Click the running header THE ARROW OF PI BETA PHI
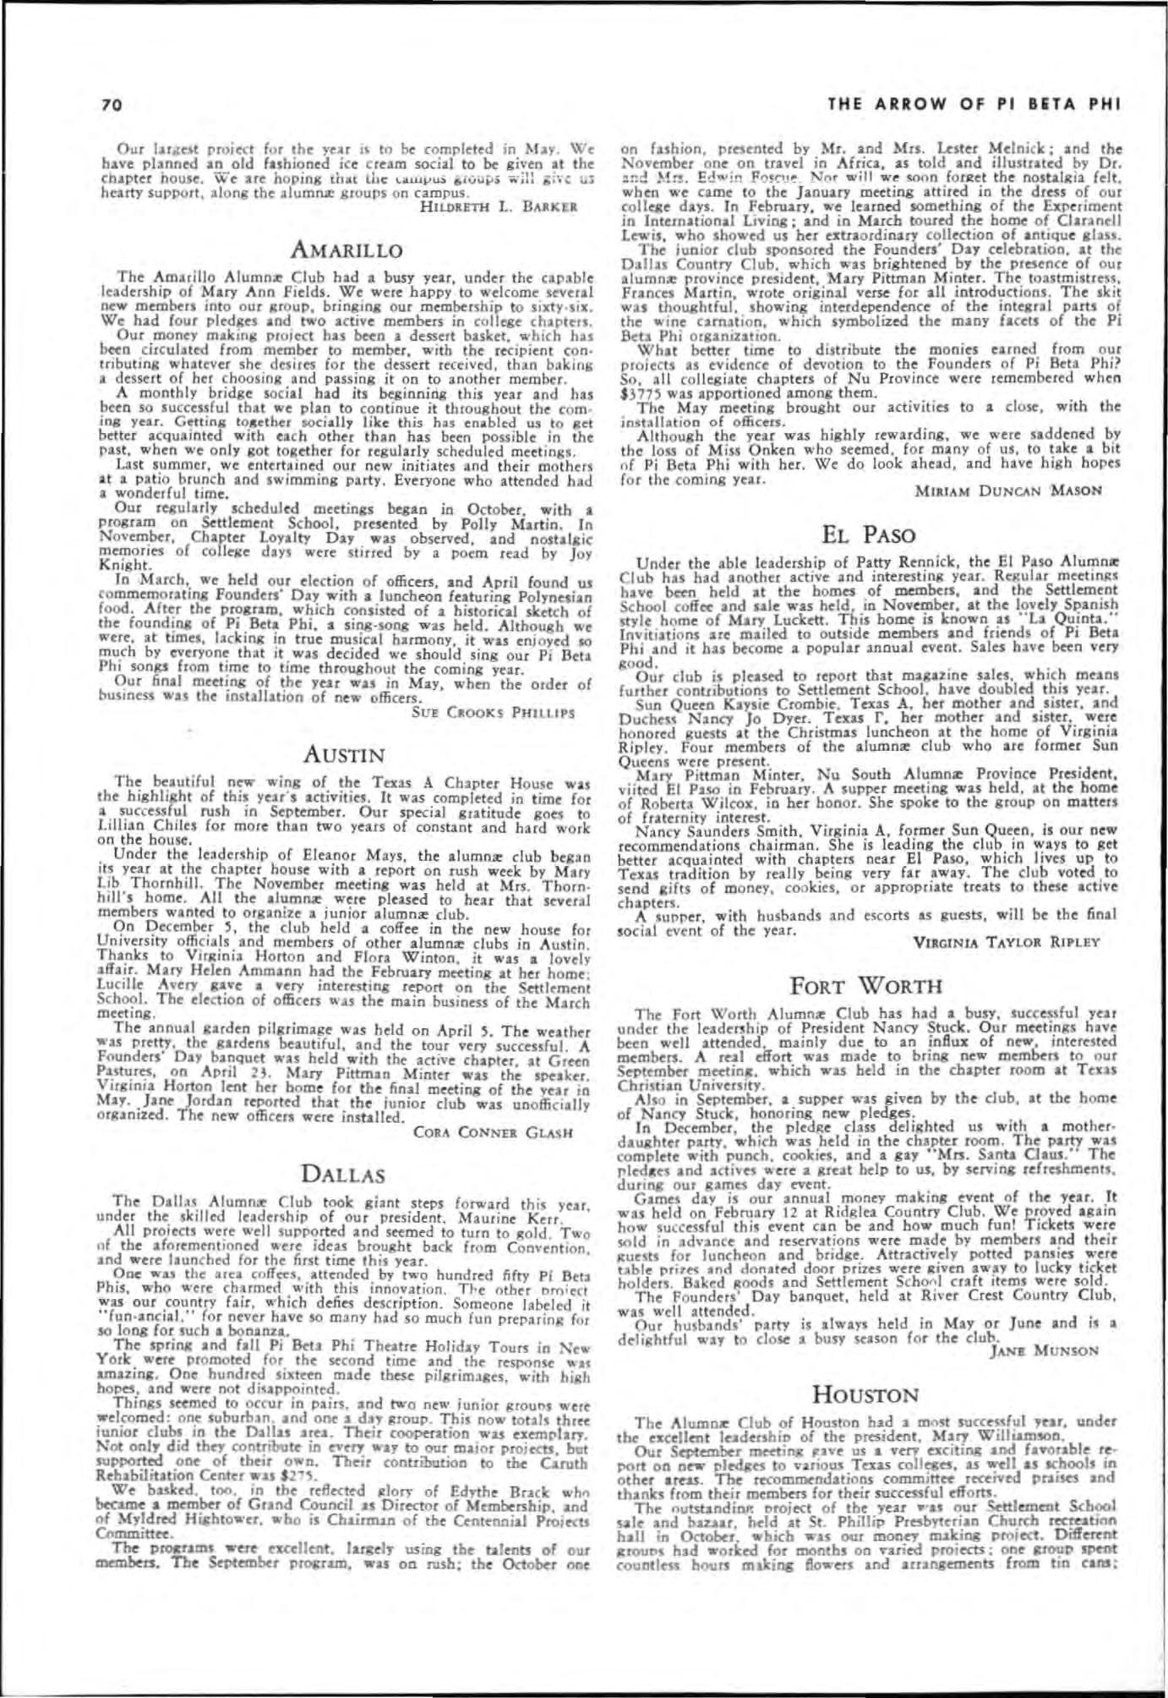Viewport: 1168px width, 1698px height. click(x=974, y=105)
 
